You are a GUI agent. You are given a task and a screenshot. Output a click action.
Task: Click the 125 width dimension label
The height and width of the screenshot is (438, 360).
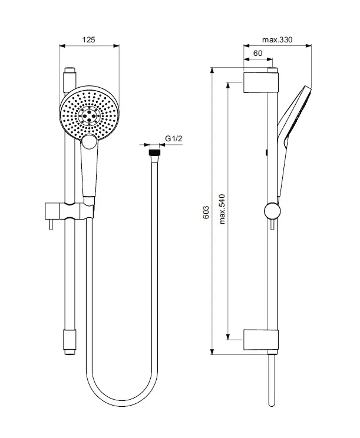coord(88,39)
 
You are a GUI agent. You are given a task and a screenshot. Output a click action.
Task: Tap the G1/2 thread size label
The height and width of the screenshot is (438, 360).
coord(174,138)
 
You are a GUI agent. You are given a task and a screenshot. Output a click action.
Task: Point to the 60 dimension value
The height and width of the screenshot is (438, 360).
coord(257,54)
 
